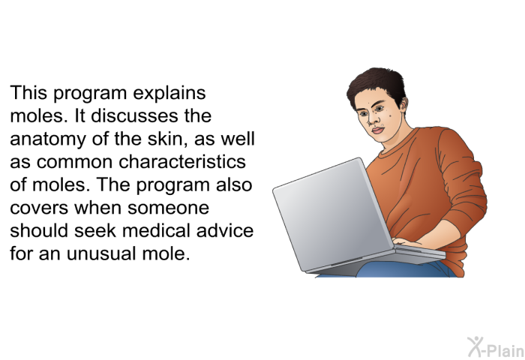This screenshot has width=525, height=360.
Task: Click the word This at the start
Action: [x=28, y=92]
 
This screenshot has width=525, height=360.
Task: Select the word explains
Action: [x=169, y=94]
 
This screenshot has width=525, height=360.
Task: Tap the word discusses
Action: [x=135, y=115]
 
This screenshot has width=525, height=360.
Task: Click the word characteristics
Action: [x=182, y=162]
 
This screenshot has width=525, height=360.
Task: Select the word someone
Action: [x=169, y=208]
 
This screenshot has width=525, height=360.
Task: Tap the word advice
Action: [x=225, y=230]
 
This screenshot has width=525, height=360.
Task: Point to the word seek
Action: [x=95, y=230]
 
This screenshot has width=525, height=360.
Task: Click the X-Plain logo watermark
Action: [x=496, y=347]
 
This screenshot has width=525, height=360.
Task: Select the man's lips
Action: [x=378, y=130]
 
